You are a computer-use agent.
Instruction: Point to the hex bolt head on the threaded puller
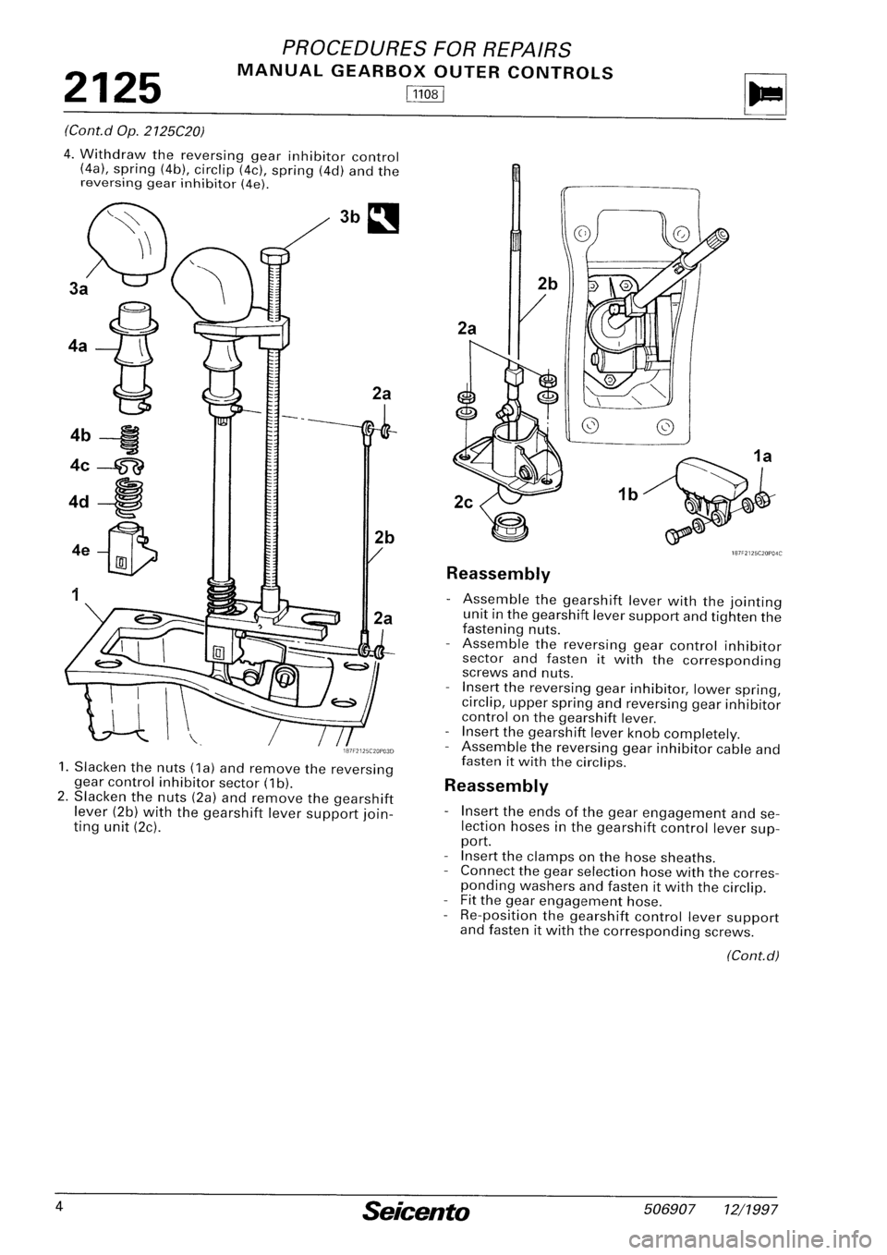(275, 256)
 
